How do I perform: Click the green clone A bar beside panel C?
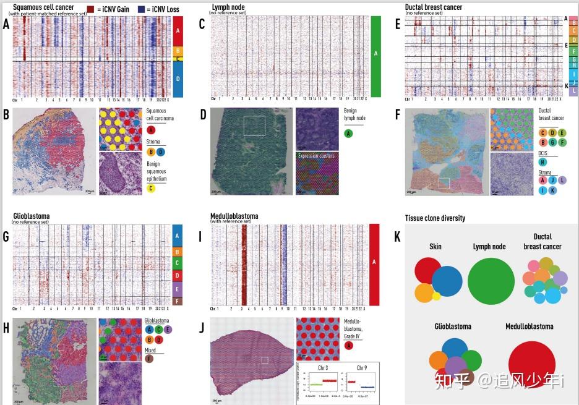coord(375,56)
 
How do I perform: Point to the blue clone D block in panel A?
coord(177,79)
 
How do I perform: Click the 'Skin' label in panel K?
coord(435,246)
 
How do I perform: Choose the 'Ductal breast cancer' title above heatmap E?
coord(429,7)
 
